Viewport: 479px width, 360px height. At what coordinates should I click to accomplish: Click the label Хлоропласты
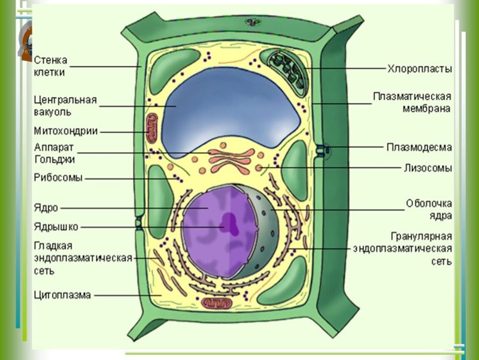click(x=419, y=69)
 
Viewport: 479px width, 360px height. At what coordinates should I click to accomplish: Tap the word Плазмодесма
click(x=419, y=146)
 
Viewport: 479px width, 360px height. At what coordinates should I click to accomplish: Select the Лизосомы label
click(x=427, y=168)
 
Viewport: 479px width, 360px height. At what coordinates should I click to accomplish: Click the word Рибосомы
click(x=58, y=177)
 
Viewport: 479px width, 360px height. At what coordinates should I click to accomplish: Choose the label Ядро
click(x=46, y=208)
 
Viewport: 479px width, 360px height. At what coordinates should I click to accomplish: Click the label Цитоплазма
click(x=63, y=295)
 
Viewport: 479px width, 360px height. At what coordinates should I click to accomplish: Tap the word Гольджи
click(x=54, y=159)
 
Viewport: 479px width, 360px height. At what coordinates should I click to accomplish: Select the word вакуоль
click(x=53, y=111)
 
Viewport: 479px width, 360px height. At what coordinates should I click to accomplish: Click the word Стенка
click(x=51, y=60)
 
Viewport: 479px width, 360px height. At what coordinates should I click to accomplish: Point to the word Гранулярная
click(x=421, y=236)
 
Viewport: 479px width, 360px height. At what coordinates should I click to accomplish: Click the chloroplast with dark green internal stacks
click(x=287, y=67)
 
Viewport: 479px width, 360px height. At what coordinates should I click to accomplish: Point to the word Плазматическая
click(x=412, y=96)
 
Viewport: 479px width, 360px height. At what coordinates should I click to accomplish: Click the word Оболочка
click(x=429, y=204)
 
